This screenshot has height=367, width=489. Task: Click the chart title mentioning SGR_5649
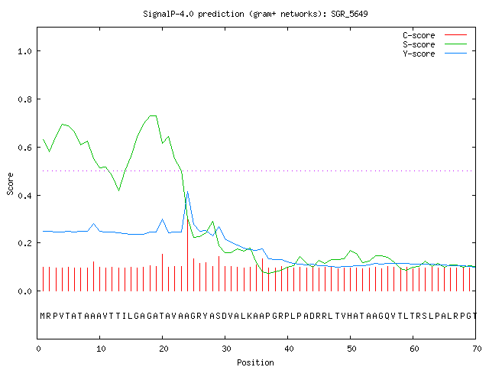tap(255, 14)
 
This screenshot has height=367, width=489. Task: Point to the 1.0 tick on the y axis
tap(24, 51)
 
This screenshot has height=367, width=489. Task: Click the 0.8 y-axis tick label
tap(24, 99)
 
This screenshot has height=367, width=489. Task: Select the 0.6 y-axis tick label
tap(24, 148)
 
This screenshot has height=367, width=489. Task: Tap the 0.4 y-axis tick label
tap(24, 196)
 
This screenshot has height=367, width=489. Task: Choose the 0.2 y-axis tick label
tap(24, 243)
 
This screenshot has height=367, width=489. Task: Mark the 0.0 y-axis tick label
tap(24, 291)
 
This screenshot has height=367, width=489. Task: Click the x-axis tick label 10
tap(101, 349)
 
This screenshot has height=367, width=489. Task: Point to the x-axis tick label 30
tap(226, 349)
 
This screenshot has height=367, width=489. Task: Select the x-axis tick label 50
tap(351, 349)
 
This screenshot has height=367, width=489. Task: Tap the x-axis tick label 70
tap(477, 349)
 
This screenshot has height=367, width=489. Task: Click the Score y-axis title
tap(10, 183)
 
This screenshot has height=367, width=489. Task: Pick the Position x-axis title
tap(255, 362)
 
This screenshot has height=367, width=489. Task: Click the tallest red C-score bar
tap(187, 255)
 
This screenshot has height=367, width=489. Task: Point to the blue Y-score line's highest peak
tap(187, 191)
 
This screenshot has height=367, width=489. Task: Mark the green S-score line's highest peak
tap(153, 115)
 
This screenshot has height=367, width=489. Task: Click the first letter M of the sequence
tap(43, 316)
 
